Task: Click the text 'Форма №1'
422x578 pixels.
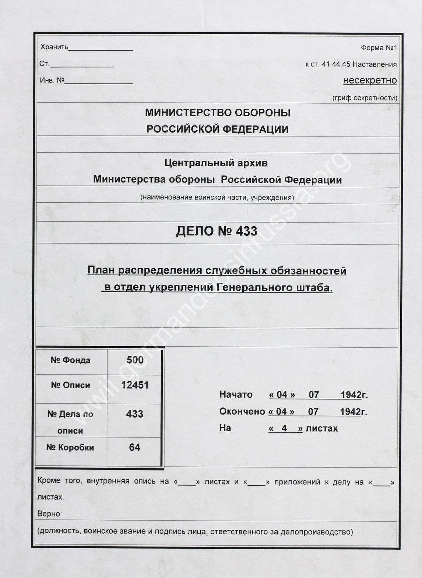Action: pos(379,48)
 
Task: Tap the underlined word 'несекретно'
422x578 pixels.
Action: pos(370,80)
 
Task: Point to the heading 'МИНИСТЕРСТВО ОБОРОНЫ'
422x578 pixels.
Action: pos(218,113)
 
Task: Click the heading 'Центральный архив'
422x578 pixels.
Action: pos(216,163)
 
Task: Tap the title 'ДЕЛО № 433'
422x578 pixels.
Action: pos(217,231)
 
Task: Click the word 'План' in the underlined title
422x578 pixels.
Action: pos(98,271)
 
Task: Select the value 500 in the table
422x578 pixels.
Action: pos(135,360)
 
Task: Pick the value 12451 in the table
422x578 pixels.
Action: pos(135,385)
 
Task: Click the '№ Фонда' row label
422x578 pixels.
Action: pos(70,360)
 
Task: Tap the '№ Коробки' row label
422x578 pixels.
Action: pos(70,447)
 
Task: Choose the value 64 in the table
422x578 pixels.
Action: pos(134,447)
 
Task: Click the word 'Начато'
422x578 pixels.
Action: pos(236,395)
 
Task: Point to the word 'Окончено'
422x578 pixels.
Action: pos(242,411)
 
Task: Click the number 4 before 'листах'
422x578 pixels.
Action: pos(284,428)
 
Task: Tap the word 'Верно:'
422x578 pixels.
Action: pos(49,514)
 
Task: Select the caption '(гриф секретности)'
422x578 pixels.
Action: pos(365,98)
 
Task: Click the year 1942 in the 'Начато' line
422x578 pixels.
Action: pos(351,395)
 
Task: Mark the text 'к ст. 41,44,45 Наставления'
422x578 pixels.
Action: pos(351,64)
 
